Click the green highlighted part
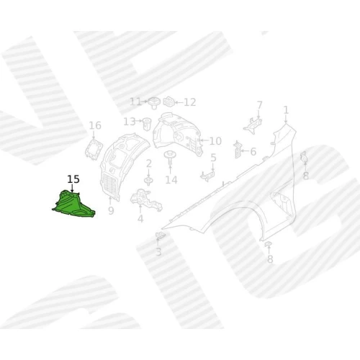click(73, 204)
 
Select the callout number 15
click(73, 179)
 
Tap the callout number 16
click(95, 125)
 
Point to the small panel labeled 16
click(94, 149)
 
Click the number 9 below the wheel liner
click(111, 211)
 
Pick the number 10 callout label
click(215, 141)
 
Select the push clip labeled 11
click(154, 103)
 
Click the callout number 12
click(190, 102)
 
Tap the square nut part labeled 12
click(168, 102)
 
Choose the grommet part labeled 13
click(147, 124)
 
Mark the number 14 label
click(171, 180)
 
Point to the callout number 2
click(149, 164)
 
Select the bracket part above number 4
click(146, 199)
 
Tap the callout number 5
click(213, 158)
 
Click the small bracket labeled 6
click(237, 150)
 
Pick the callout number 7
click(259, 105)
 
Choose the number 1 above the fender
click(286, 110)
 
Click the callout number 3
click(158, 252)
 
